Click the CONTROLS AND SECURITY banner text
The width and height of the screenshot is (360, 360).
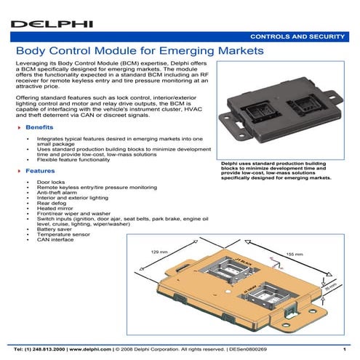pos(298,36)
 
